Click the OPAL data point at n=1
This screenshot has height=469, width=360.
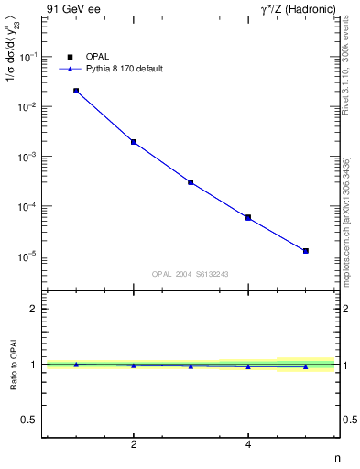(x=76, y=91)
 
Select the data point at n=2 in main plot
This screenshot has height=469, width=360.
(x=134, y=142)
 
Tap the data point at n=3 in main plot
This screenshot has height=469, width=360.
(x=191, y=182)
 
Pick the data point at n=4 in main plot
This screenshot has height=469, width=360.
(x=248, y=217)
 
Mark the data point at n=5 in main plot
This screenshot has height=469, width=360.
(x=306, y=251)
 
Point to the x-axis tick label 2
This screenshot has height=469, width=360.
(x=134, y=444)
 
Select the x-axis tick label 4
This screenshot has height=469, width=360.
(x=248, y=444)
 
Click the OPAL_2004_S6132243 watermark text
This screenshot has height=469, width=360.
(x=191, y=274)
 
